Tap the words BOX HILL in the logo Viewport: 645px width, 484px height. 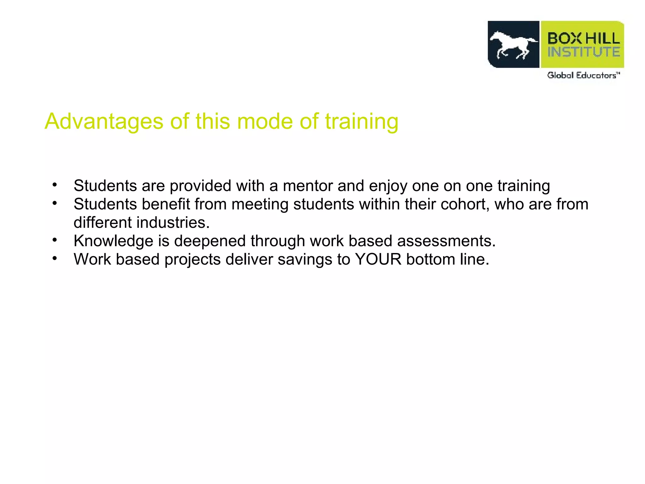tap(584, 38)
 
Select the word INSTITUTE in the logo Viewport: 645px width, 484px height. tap(584, 52)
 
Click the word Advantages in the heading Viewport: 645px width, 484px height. tap(104, 122)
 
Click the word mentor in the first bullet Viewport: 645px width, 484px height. tap(307, 186)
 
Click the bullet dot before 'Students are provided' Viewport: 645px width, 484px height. tap(55, 185)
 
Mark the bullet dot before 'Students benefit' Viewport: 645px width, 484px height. tap(55, 203)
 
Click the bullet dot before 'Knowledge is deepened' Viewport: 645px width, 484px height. tap(55, 240)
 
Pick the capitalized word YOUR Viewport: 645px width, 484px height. tap(378, 259)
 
